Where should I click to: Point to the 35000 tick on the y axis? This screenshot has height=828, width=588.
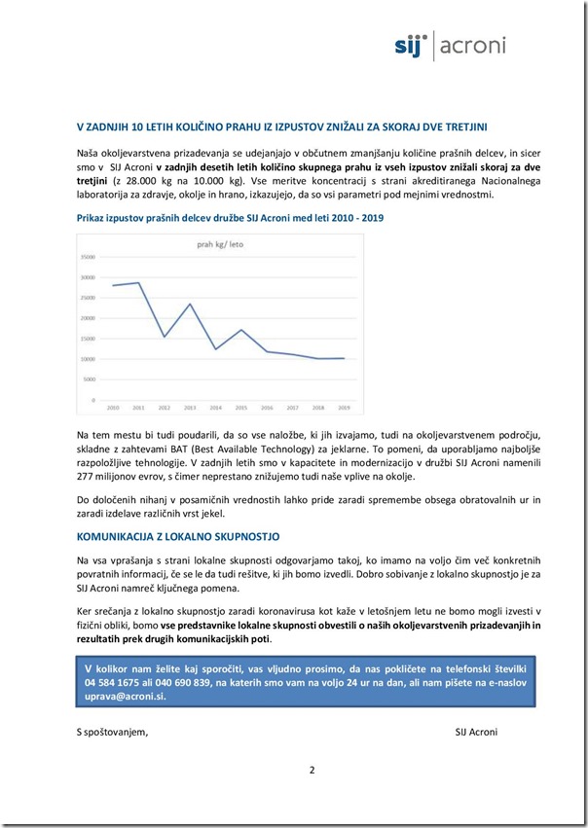[x=87, y=257]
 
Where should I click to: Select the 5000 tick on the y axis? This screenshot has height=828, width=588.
[x=89, y=379]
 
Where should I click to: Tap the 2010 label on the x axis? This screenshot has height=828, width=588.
[x=112, y=407]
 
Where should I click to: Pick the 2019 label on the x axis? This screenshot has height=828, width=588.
[x=343, y=407]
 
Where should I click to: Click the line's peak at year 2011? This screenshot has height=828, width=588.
[x=138, y=283]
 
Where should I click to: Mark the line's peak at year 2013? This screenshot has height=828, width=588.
[x=189, y=305]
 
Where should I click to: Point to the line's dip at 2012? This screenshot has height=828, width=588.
[x=164, y=337]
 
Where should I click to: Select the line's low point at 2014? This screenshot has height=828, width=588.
[x=215, y=349]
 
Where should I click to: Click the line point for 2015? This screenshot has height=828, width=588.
[x=240, y=330]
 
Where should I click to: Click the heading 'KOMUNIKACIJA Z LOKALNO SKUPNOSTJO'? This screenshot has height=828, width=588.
[x=178, y=536]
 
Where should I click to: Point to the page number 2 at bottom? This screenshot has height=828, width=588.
[x=312, y=771]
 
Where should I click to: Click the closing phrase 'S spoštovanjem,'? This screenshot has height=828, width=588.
[x=113, y=732]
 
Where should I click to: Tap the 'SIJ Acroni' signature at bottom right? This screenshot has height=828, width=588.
[x=483, y=732]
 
